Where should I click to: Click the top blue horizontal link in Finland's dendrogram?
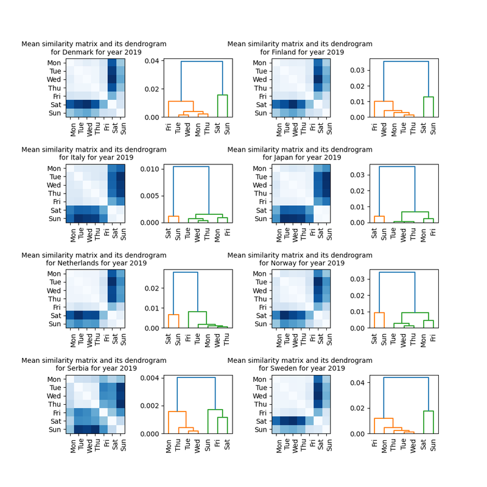click(406, 61)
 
